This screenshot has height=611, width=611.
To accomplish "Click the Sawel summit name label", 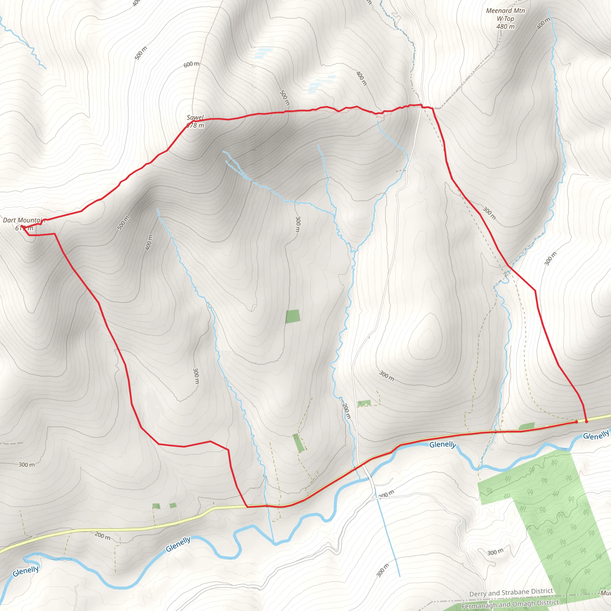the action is pyautogui.click(x=195, y=117).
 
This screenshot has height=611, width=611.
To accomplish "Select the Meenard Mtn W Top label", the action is pyautogui.click(x=505, y=15).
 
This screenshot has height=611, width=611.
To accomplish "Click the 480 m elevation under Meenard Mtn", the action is pyautogui.click(x=505, y=27).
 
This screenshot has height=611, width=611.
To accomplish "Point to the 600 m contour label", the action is pyautogui.click(x=191, y=64).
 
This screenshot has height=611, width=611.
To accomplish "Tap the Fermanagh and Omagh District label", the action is pyautogui.click(x=510, y=604).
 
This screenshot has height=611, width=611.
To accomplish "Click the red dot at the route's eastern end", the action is pyautogui.click(x=586, y=422).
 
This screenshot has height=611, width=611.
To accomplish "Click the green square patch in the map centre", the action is pyautogui.click(x=293, y=317).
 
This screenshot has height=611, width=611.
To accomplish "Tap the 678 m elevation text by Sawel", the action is pyautogui.click(x=195, y=126).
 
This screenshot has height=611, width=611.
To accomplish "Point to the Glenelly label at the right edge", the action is pyautogui.click(x=595, y=435).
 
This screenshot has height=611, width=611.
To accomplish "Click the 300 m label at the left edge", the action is pyautogui.click(x=27, y=465).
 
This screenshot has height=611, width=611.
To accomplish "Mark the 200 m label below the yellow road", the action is pyautogui.click(x=102, y=536).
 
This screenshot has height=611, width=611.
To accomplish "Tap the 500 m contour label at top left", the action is pyautogui.click(x=141, y=53).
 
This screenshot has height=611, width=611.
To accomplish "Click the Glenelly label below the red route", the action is pyautogui.click(x=442, y=445).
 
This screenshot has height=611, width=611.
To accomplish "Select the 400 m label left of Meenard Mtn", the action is pyautogui.click(x=361, y=78).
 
